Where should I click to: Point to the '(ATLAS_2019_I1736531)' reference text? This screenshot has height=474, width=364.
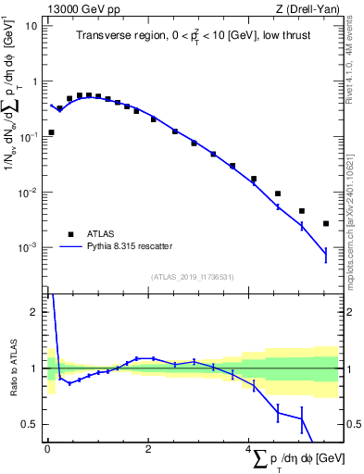coord(192,277)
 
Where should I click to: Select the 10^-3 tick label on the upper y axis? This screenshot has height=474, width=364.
coord(30,248)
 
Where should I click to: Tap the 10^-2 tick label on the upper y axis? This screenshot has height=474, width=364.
coord(30,193)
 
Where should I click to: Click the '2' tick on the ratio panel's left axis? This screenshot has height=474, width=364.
coord(36,312)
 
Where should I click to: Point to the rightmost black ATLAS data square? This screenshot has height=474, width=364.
coord(326,223)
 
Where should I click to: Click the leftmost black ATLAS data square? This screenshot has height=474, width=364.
coord(51,132)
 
